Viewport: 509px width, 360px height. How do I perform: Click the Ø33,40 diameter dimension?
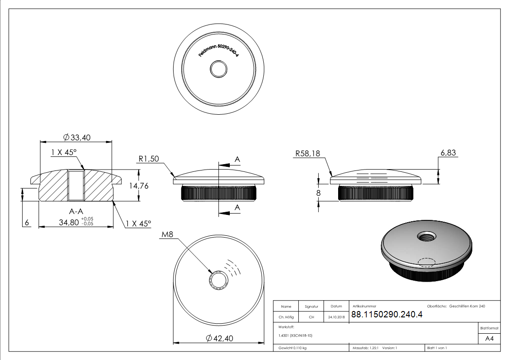(x=77, y=138)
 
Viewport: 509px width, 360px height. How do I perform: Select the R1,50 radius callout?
(x=149, y=159)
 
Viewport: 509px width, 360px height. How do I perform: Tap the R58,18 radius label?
(x=307, y=154)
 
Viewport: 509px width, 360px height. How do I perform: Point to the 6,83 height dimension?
(x=448, y=153)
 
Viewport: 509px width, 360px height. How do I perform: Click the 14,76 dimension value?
(x=139, y=186)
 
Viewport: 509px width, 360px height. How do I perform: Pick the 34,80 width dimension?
(x=69, y=222)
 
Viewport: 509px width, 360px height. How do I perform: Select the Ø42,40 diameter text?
(x=219, y=338)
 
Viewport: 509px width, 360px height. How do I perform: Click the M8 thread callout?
(x=167, y=234)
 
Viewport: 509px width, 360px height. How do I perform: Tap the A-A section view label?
(x=76, y=212)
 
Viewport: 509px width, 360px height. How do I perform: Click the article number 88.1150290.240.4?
(x=387, y=315)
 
